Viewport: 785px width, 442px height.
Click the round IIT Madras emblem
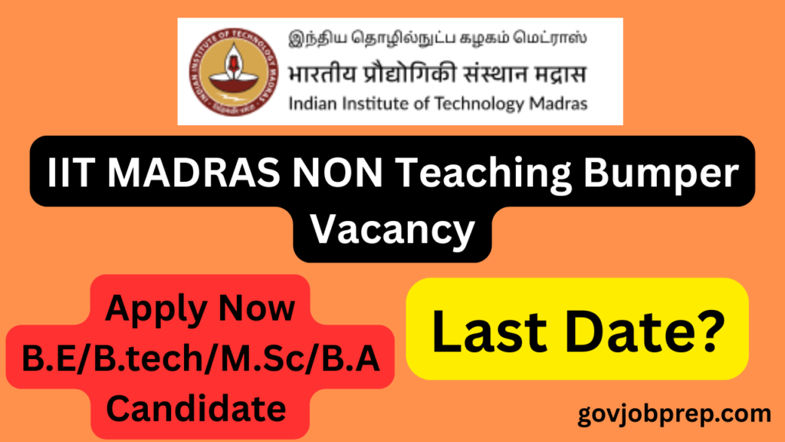[x=233, y=71]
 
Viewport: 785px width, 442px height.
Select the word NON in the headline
[x=338, y=173]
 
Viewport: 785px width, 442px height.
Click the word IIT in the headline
[x=71, y=173]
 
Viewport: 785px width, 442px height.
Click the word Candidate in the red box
[x=195, y=408]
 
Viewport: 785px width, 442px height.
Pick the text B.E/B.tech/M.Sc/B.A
[x=201, y=359]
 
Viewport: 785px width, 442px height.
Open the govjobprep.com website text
[x=675, y=415]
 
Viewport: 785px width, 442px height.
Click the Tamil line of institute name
[x=438, y=38]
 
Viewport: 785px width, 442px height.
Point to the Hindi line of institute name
[x=437, y=74]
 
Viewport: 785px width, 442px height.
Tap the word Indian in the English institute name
[x=313, y=104]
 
